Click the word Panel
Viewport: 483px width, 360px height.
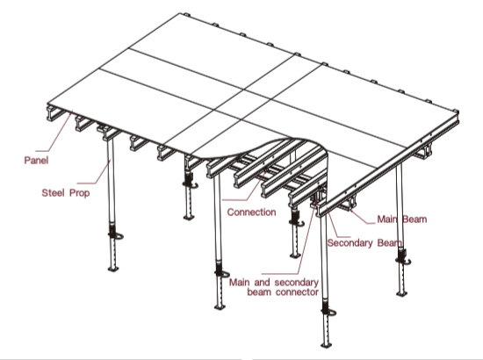tap(36, 160)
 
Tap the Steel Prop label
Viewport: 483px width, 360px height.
tap(66, 193)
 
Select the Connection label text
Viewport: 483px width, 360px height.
tap(251, 212)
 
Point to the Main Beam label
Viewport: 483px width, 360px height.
tap(402, 220)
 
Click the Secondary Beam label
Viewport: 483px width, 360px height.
tap(364, 243)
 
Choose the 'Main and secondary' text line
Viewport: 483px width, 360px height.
tap(274, 283)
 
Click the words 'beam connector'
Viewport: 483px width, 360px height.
tap(283, 292)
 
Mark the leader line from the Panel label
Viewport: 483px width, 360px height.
tap(54, 132)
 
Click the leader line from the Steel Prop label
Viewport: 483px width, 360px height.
tap(94, 171)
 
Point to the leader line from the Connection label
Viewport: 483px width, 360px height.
tap(244, 185)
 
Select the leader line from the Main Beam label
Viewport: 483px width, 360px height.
tap(361, 216)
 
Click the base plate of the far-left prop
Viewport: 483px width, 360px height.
tap(113, 269)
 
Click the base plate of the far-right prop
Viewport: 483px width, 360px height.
tap(401, 294)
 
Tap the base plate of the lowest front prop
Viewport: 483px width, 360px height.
tap(327, 344)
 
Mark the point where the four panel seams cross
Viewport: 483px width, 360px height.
tap(243, 90)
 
